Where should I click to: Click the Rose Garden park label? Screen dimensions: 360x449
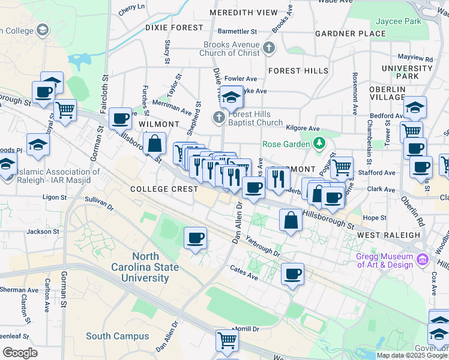pyautogui.click(x=285, y=144)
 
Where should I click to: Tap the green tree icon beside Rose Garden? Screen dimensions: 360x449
pyautogui.click(x=319, y=143)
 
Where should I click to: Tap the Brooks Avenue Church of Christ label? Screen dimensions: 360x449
pyautogui.click(x=232, y=49)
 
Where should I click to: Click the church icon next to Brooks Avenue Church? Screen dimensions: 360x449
pyautogui.click(x=269, y=48)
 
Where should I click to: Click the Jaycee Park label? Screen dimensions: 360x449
pyautogui.click(x=416, y=21)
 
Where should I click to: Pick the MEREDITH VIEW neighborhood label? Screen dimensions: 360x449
pyautogui.click(x=244, y=13)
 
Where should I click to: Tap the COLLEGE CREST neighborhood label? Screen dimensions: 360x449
pyautogui.click(x=164, y=189)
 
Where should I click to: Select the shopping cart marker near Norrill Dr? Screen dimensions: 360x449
pyautogui.click(x=228, y=340)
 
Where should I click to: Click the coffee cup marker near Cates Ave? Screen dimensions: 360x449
pyautogui.click(x=292, y=274)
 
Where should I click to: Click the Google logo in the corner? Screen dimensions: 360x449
pyautogui.click(x=20, y=353)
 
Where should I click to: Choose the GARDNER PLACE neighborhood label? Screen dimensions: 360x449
pyautogui.click(x=350, y=34)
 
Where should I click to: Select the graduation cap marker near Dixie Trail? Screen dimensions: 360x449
pyautogui.click(x=231, y=97)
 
